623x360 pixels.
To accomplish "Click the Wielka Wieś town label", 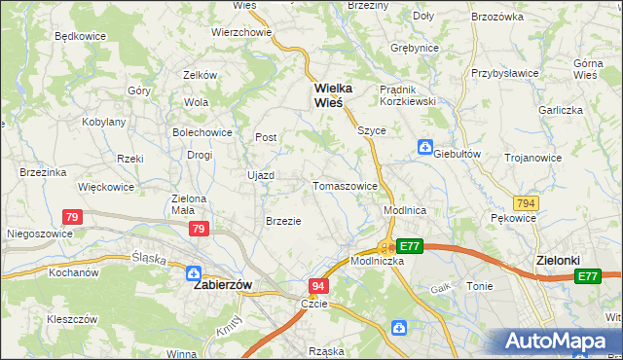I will [x=333, y=95].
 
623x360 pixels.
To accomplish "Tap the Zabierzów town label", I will [x=223, y=285].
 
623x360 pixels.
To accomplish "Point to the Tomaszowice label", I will [x=345, y=186].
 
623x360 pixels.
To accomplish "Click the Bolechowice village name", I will [x=202, y=131].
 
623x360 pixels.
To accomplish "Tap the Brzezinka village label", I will [x=42, y=172].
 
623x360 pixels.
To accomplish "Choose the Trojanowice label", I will [x=532, y=158].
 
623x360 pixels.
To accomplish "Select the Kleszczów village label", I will [x=72, y=318].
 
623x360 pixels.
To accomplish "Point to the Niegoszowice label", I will [x=35, y=234].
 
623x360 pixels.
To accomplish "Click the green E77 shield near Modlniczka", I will [x=410, y=247].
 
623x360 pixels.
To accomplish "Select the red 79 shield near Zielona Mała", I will [x=199, y=229].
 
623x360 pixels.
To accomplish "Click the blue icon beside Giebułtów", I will [x=424, y=147].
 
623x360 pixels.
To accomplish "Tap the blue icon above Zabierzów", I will [x=194, y=273].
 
